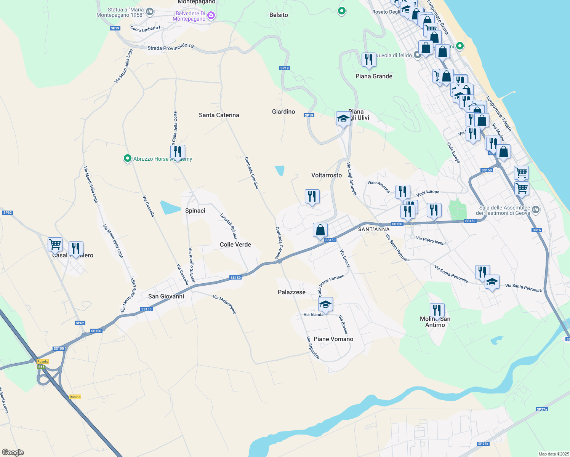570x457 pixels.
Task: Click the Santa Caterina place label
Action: [219, 115]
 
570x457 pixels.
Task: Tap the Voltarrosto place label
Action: [327, 175]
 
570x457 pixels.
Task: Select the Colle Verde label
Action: [235, 244]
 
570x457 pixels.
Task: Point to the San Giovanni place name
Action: [166, 296]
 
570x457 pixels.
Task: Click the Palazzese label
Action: [291, 292]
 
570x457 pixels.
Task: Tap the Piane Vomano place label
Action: [333, 339]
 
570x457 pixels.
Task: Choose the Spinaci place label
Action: [195, 211]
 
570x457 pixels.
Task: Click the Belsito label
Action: [279, 15]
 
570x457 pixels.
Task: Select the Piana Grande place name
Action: [374, 76]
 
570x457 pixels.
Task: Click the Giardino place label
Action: [283, 112]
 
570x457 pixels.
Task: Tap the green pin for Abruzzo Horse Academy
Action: [128, 158]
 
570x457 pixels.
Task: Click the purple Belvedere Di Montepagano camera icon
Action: [211, 16]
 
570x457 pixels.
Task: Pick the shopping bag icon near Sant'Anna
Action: [320, 230]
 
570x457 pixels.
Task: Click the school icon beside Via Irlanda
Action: [325, 304]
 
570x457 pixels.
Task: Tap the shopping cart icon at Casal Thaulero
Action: [55, 244]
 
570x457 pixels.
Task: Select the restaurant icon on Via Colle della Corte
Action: [178, 152]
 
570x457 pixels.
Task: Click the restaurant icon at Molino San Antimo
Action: [437, 310]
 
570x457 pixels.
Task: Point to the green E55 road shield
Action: [41, 367]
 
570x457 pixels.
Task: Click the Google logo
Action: [13, 452]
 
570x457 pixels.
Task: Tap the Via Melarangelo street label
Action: [225, 305]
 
